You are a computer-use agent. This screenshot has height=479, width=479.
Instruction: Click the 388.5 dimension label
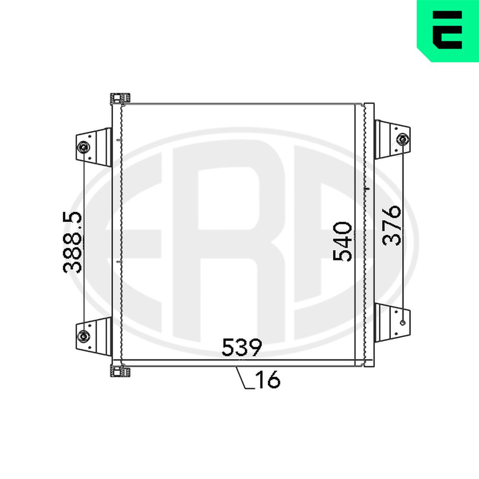click(x=73, y=242)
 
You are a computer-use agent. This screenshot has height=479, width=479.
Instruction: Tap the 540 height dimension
click(x=342, y=241)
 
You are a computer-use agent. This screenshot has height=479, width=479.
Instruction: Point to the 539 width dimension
click(x=241, y=347)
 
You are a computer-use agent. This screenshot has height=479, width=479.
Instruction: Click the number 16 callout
click(x=268, y=379)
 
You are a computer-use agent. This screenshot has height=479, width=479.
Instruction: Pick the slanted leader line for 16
click(x=241, y=377)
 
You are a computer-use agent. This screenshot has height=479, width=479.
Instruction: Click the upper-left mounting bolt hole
click(x=83, y=147)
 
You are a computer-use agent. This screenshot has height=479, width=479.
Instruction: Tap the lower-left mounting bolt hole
click(x=83, y=336)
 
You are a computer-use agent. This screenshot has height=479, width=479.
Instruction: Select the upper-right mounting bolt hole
click(x=402, y=139)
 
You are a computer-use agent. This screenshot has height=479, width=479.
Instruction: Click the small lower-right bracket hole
click(x=402, y=322)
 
